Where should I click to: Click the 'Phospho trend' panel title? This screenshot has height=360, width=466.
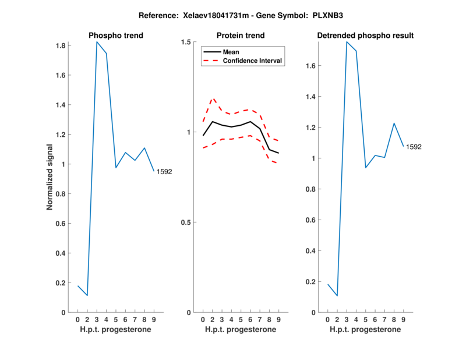115,36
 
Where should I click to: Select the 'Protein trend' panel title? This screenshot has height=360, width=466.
241,36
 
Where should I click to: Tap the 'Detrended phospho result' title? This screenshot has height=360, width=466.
365,36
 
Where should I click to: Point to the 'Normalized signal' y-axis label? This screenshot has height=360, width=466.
50,177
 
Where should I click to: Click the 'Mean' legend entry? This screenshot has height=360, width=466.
231,52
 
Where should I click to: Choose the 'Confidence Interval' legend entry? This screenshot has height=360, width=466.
253,61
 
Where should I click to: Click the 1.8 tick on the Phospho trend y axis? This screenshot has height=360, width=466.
59,45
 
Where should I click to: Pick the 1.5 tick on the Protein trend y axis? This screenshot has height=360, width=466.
186,42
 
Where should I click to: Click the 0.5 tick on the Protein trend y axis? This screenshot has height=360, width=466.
186,223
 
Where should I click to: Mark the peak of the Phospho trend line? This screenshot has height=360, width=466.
97,42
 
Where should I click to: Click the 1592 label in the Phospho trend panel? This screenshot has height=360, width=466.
164,172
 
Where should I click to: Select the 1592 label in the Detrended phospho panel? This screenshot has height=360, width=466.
414,147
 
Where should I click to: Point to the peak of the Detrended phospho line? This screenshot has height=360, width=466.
347,42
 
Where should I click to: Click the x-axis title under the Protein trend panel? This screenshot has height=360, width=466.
241,330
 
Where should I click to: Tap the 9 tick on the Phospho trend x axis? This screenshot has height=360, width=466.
154,320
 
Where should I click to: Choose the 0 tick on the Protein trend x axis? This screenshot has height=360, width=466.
203,320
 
